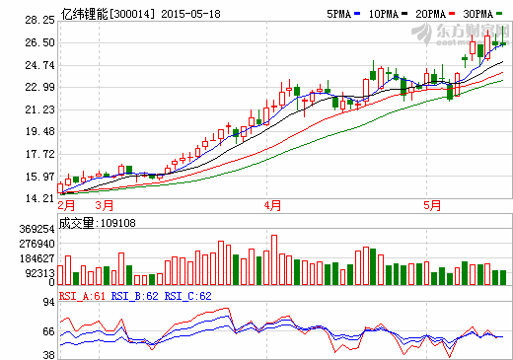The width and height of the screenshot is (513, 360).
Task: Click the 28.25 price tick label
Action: pos(38,20)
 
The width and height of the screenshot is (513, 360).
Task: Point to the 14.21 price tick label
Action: pos(38,199)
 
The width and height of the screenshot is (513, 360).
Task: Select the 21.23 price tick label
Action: pos(38,109)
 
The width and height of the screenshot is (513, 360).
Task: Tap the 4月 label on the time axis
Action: pos(273,206)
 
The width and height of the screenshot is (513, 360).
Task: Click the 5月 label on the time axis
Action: pos(431,206)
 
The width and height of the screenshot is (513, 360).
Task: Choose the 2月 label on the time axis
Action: pos(66,206)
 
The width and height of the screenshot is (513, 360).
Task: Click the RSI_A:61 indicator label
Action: pos(81,295)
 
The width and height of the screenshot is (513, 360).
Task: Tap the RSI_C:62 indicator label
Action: pos(187,295)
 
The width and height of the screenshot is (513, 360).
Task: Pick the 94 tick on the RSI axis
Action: pos(46,305)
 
